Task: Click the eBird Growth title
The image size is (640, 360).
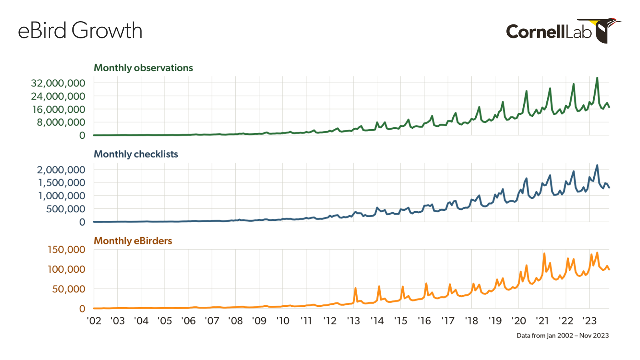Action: tap(80, 31)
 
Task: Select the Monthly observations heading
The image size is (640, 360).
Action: tap(143, 68)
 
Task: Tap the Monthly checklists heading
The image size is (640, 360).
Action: tap(136, 154)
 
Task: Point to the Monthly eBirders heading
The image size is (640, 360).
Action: tap(133, 241)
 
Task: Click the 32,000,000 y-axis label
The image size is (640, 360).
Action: tap(58, 83)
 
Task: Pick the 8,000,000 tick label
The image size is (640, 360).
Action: tap(61, 122)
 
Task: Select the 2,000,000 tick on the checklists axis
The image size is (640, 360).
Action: tap(61, 170)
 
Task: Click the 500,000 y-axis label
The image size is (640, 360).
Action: tap(66, 209)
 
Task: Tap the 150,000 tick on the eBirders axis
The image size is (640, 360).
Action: tap(66, 250)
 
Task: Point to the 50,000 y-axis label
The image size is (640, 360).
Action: tap(68, 289)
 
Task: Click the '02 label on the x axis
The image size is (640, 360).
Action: tap(94, 321)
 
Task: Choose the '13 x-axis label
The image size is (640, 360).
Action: tap(353, 321)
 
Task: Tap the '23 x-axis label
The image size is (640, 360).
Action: tap(589, 321)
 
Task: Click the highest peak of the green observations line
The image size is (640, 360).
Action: tap(597, 78)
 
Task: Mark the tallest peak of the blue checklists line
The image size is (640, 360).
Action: tap(597, 165)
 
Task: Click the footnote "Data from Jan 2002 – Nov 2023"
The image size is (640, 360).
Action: tap(562, 336)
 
